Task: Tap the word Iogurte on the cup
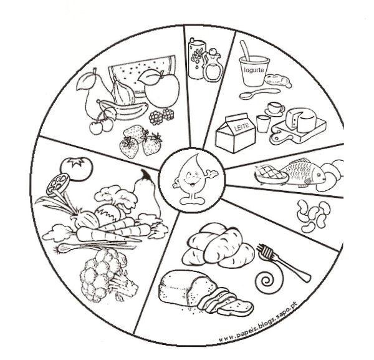click(x=254, y=70)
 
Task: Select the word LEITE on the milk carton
click(x=241, y=125)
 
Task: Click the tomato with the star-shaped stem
click(x=76, y=168)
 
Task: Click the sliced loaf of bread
click(x=205, y=293)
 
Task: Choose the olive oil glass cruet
click(x=213, y=65)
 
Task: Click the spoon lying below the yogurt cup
click(x=259, y=94)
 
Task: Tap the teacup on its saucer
click(x=275, y=109)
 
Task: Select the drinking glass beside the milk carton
click(x=263, y=124)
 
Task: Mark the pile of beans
click(x=314, y=216)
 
